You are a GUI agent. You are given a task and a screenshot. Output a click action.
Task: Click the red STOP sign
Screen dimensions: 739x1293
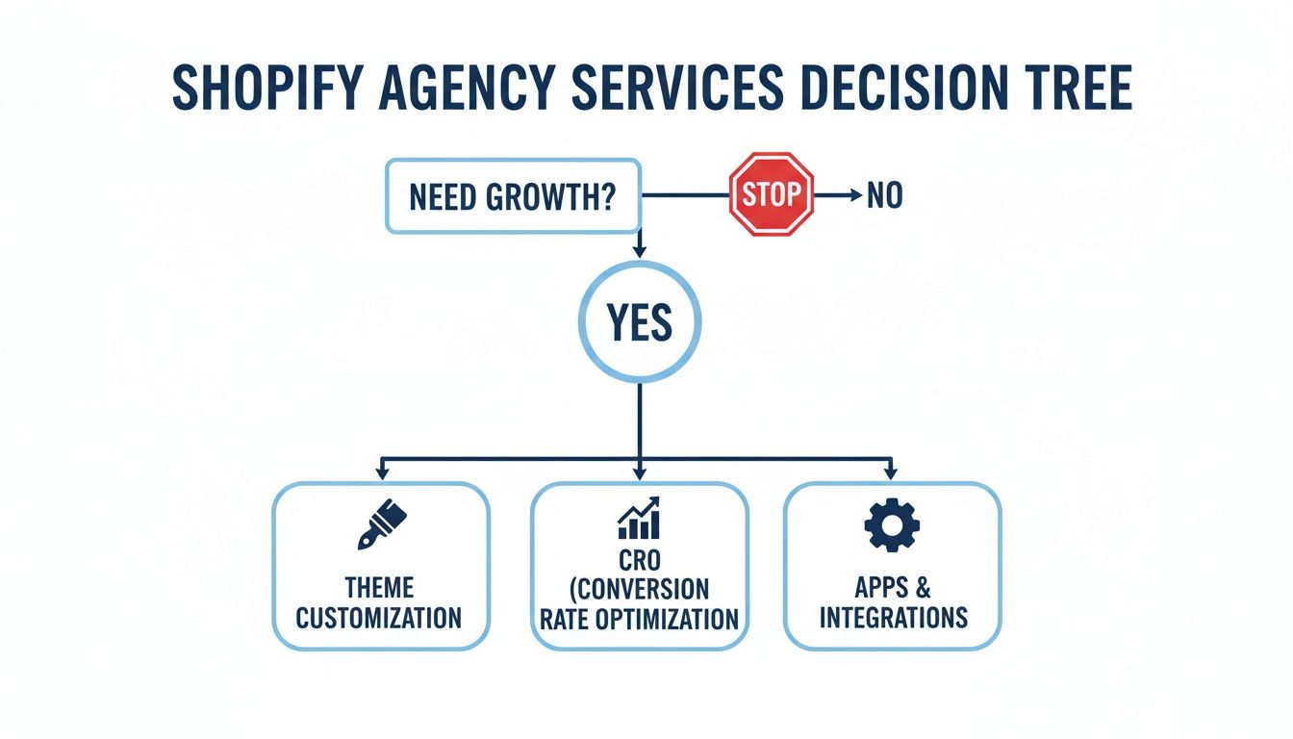[772, 194]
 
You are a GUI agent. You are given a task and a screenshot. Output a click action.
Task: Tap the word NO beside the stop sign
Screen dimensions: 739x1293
[884, 195]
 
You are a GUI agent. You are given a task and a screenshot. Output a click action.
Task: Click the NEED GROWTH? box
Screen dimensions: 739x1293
[513, 196]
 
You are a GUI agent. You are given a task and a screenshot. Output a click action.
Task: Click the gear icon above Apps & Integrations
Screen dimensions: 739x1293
[892, 525]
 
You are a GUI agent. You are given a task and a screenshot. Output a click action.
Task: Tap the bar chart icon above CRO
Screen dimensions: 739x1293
[639, 519]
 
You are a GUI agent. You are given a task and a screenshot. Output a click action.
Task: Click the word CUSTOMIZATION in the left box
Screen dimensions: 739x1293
[379, 617]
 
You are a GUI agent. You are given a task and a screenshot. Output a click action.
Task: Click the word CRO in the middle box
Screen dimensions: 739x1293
[640, 559]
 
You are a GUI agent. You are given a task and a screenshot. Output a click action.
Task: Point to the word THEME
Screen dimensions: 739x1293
[379, 587]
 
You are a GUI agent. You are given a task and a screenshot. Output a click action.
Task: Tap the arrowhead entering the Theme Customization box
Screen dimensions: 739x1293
[383, 473]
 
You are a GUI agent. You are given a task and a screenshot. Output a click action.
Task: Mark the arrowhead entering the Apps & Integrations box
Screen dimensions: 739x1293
[890, 473]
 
